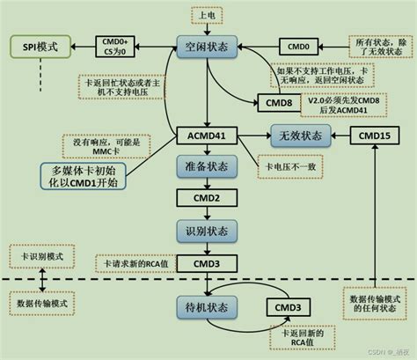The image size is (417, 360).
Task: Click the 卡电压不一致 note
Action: click(285, 167)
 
